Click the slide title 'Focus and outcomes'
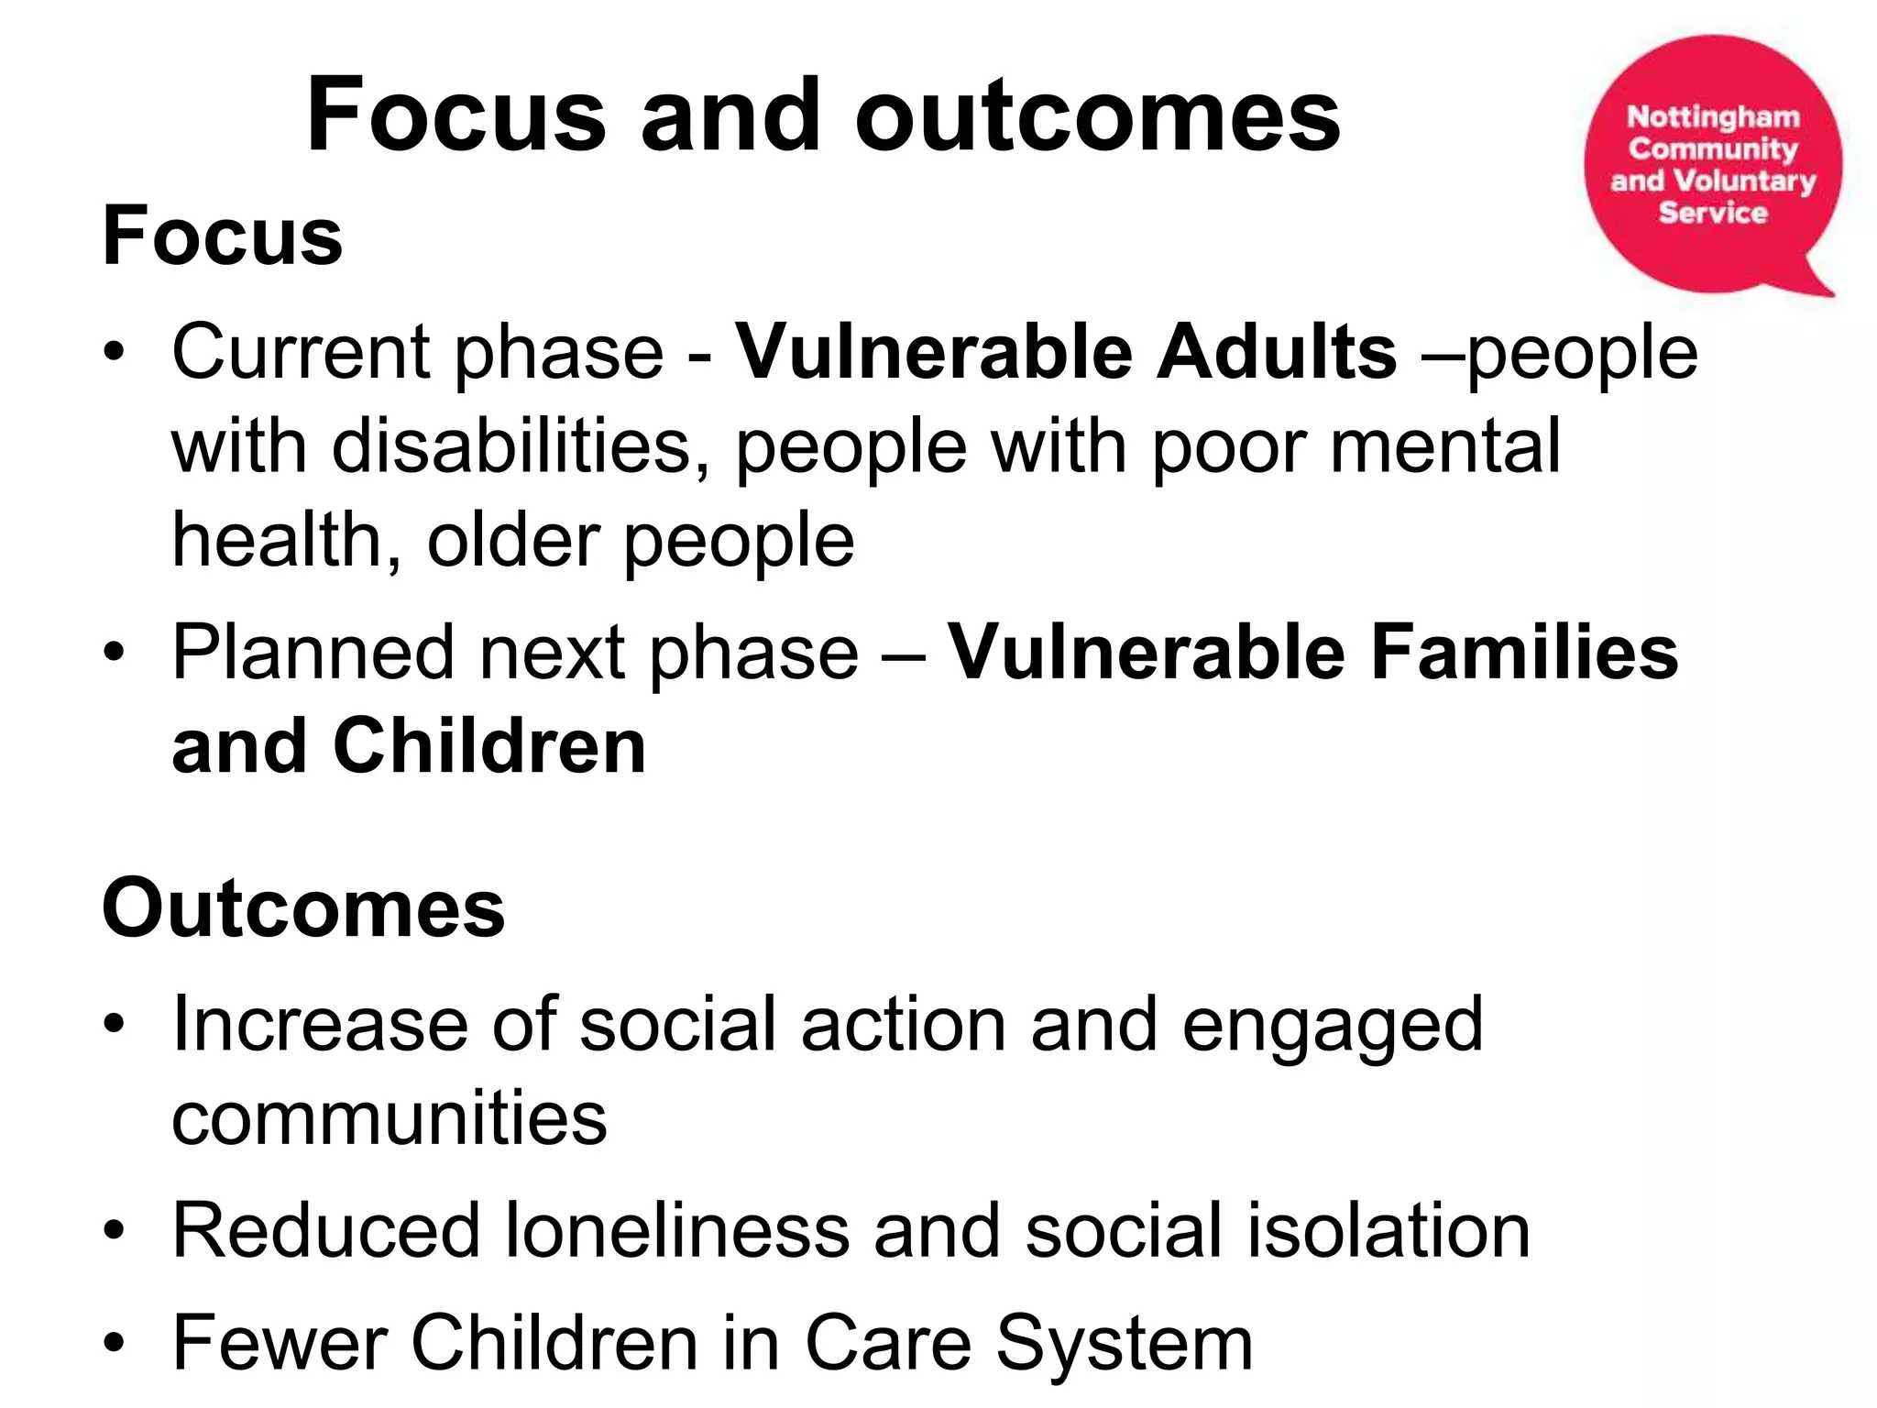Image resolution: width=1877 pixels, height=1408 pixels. coord(822,116)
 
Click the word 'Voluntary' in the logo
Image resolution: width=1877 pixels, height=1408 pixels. coord(1745,181)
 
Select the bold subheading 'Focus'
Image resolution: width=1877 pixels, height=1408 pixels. coord(223,236)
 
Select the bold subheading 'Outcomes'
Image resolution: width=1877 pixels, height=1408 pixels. coord(303,908)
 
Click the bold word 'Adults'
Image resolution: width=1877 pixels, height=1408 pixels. coord(1276,353)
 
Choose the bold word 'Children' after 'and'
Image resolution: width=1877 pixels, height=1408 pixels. coord(489,746)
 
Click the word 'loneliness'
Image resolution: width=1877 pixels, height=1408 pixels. coord(677,1230)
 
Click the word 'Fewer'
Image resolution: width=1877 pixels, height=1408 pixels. coord(279,1343)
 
